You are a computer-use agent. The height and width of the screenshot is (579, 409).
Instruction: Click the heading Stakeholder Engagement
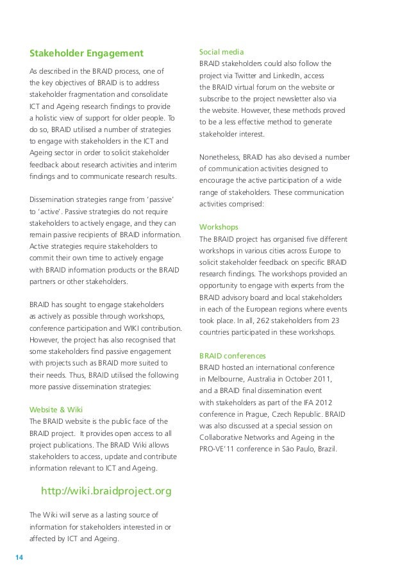(87, 52)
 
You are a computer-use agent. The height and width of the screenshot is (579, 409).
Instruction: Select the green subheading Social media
(221, 51)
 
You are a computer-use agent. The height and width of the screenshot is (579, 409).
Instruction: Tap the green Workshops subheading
(219, 227)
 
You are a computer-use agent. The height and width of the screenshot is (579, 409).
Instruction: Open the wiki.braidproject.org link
(106, 491)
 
